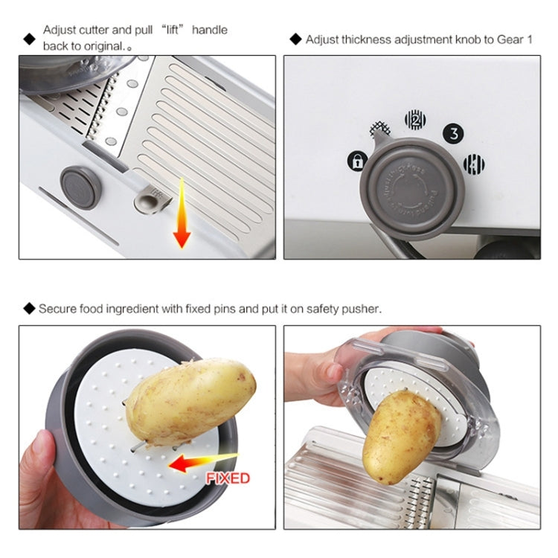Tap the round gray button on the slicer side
click(80, 187)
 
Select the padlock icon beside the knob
click(357, 161)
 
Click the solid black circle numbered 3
click(453, 134)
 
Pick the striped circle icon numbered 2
click(414, 119)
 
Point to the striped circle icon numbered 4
click(474, 164)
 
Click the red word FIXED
click(228, 478)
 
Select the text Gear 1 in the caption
click(514, 39)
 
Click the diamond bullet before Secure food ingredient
click(29, 308)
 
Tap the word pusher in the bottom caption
click(365, 308)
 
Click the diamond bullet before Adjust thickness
click(295, 39)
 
